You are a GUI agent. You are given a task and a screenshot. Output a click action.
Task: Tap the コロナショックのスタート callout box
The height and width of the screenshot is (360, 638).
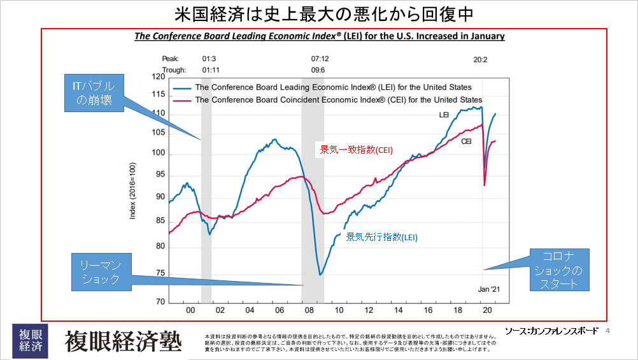pyautogui.click(x=560, y=270)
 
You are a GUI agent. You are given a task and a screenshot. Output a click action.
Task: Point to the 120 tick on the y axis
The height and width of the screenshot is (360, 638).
pyautogui.click(x=157, y=77)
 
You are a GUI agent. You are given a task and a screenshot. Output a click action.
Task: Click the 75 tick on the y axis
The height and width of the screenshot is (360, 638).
pyautogui.click(x=159, y=274)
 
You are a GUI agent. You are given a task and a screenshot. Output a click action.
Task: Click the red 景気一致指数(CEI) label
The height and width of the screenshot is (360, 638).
pyautogui.click(x=356, y=150)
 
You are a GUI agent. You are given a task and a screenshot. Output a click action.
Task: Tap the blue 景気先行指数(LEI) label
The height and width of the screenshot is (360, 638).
pyautogui.click(x=381, y=236)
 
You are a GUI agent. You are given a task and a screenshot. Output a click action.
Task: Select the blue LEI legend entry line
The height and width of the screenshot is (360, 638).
pyautogui.click(x=182, y=87)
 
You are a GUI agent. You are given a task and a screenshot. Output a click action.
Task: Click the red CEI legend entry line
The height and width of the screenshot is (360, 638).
pyautogui.click(x=182, y=100)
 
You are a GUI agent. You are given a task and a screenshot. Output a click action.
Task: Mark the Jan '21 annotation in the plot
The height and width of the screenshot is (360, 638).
pyautogui.click(x=490, y=289)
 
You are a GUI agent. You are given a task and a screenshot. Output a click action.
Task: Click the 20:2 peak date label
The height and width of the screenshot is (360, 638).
pyautogui.click(x=480, y=59)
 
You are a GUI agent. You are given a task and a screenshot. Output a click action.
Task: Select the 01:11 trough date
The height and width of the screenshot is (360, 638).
pyautogui.click(x=211, y=69)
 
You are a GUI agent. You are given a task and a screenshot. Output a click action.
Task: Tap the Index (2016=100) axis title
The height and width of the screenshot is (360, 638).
pyautogui.click(x=133, y=190)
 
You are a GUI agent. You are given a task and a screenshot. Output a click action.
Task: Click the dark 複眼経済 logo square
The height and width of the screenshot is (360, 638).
pyautogui.click(x=30, y=340)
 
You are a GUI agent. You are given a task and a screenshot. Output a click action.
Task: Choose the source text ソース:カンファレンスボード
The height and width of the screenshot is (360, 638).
pyautogui.click(x=551, y=331)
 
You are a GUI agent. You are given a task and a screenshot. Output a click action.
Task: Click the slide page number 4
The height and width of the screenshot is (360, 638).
pyautogui.click(x=607, y=331)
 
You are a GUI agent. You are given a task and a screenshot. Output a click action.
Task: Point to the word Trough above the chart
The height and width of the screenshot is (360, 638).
pyautogui.click(x=173, y=69)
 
